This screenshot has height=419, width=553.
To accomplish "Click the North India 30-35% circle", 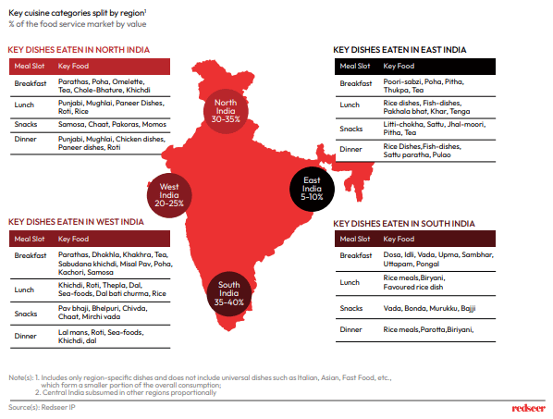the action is click(226, 111).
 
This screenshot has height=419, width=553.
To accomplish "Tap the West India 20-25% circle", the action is click(169, 195).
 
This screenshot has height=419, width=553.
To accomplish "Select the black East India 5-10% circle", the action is click(312, 189).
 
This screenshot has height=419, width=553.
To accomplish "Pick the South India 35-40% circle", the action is click(229, 293).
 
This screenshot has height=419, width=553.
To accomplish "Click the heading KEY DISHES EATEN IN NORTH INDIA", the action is click(79, 50).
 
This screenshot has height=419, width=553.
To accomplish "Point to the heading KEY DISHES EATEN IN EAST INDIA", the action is click(399, 50).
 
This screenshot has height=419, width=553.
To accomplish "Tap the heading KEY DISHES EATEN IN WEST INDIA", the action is click(76, 222).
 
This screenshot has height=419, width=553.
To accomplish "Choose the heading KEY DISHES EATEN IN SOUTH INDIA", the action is click(404, 224).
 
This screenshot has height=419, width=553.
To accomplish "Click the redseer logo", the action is click(528, 408).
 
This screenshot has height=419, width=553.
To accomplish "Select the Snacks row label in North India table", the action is click(26, 124).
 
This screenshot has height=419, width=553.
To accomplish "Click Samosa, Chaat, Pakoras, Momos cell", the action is click(112, 124).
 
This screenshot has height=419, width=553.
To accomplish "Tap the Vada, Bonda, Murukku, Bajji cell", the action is click(430, 308).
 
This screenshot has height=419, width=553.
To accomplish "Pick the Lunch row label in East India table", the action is click(350, 105).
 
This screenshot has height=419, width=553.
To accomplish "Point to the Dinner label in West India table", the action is click(25, 336).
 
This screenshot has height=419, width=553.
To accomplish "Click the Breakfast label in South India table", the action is click(356, 255).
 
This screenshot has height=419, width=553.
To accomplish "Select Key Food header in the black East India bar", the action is click(399, 66).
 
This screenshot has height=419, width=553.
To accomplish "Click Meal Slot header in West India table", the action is click(30, 239).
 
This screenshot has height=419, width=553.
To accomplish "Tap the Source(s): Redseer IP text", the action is click(42, 407).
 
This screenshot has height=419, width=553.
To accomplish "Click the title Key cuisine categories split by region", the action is click(78, 13).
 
